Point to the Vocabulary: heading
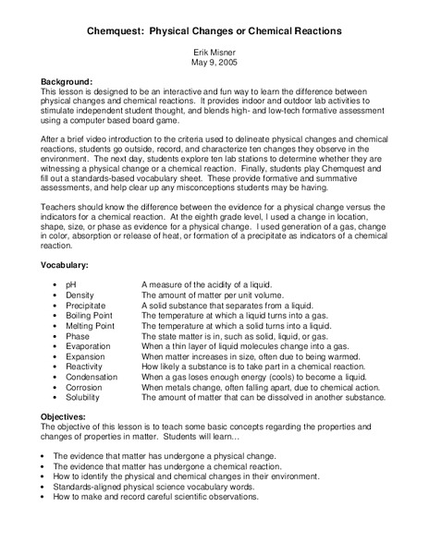69,266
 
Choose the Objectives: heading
68,417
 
